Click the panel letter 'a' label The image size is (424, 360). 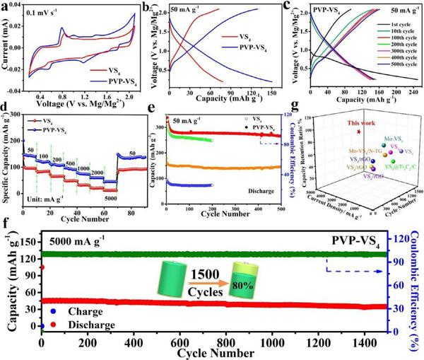coord(6,6)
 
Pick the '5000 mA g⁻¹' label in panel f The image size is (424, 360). coord(81,239)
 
